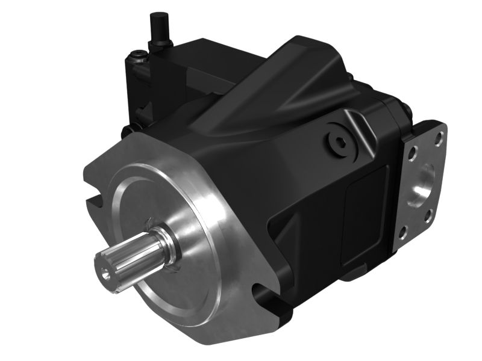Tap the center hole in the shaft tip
pyautogui.click(x=106, y=274)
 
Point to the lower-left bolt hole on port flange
pyautogui.click(x=405, y=230)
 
